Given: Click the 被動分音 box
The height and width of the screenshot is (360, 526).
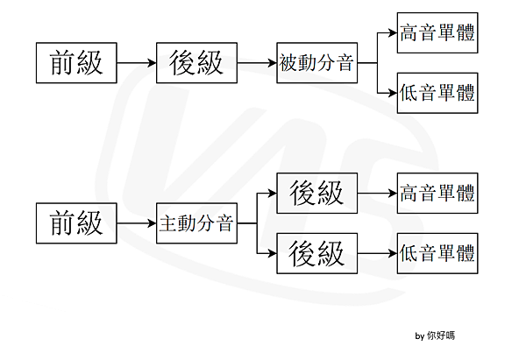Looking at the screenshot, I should click(316, 63).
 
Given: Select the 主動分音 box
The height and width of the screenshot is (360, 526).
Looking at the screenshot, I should click(195, 223).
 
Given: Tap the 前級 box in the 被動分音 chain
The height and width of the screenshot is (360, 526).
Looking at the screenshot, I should click(76, 63).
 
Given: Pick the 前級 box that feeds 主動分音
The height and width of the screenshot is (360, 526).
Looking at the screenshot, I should click(76, 223).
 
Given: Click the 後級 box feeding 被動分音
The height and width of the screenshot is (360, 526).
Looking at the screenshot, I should click(196, 63).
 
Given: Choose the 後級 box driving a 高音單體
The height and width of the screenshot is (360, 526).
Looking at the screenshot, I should click(316, 193).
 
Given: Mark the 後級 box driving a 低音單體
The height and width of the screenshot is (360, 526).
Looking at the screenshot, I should click(316, 254).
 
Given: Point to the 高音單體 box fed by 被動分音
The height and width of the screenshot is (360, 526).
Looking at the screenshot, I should click(437, 34).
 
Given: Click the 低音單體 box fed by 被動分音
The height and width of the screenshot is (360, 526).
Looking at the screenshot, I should click(437, 93).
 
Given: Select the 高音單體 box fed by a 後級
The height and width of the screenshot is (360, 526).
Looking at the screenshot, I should click(437, 193).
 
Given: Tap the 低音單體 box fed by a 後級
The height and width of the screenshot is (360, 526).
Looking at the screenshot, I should click(437, 254).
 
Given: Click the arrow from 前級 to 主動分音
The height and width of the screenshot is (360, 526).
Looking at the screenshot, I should click(137, 223).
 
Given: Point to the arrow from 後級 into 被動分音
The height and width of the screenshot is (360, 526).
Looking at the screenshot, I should click(256, 63).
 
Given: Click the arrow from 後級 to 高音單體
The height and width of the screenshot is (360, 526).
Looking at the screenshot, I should click(377, 193).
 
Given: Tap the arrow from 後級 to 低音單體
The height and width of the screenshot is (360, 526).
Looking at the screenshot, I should click(377, 254).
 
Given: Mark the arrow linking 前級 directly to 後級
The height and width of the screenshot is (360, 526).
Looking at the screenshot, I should click(137, 63).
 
